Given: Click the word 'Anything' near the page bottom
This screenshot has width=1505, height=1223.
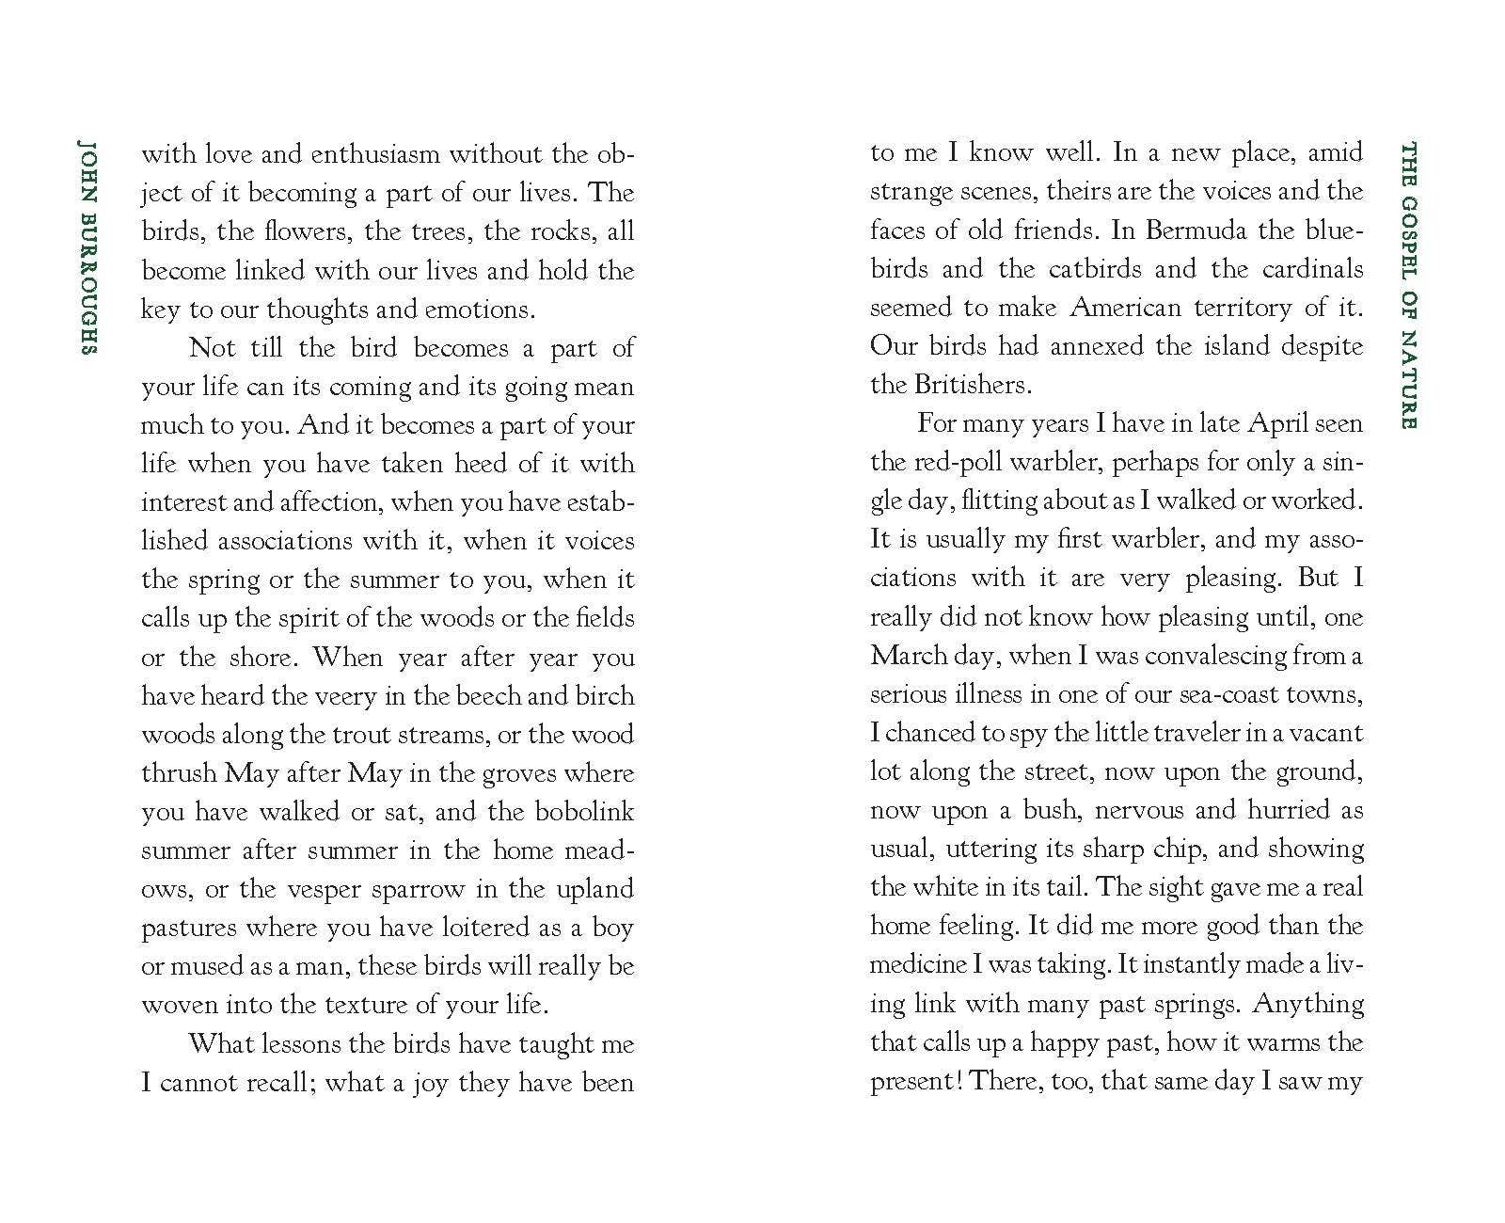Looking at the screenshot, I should point(1308,1003).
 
